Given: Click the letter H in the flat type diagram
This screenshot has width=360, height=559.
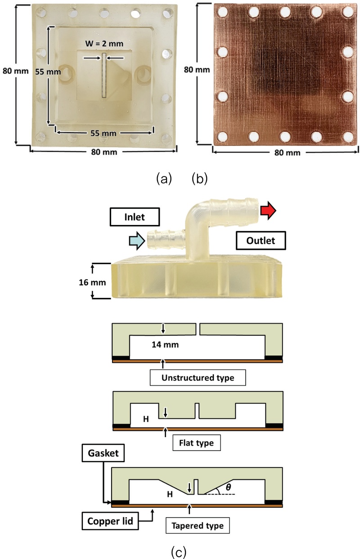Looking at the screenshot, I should (146, 418).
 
